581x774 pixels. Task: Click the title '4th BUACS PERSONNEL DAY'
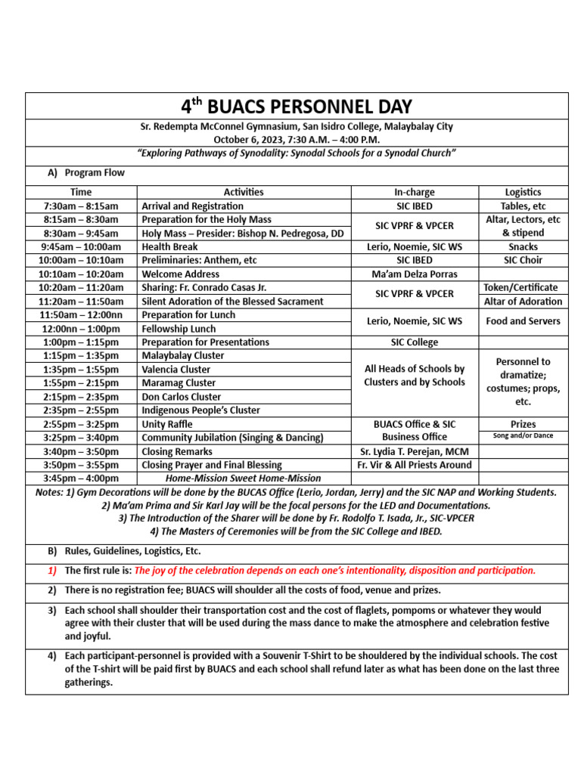(x=296, y=106)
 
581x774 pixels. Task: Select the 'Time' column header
(x=81, y=192)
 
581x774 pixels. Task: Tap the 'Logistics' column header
(x=523, y=192)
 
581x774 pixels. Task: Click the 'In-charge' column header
(x=415, y=192)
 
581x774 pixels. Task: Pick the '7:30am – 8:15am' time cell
(x=81, y=206)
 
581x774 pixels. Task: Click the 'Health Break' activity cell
(x=170, y=246)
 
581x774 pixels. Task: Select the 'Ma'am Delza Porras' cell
(x=415, y=274)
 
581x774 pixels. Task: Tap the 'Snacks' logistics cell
(x=523, y=246)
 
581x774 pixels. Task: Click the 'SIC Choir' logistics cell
(x=523, y=260)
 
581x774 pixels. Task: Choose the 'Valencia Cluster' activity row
(x=176, y=370)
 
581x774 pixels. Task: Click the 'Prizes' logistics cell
(x=523, y=424)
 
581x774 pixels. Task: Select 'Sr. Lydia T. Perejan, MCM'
(x=415, y=451)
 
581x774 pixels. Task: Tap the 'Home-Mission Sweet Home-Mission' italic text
(x=243, y=478)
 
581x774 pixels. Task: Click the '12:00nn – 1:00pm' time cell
(x=81, y=329)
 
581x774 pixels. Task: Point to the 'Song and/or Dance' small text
(x=523, y=436)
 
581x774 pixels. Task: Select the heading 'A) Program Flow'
(x=86, y=172)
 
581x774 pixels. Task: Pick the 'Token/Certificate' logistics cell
(x=523, y=287)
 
